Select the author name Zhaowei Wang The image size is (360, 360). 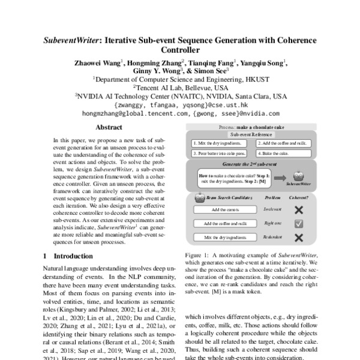point(98,61)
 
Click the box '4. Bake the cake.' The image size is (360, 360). point(277,154)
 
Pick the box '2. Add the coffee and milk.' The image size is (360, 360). point(281,144)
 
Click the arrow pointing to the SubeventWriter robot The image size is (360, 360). point(281,177)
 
